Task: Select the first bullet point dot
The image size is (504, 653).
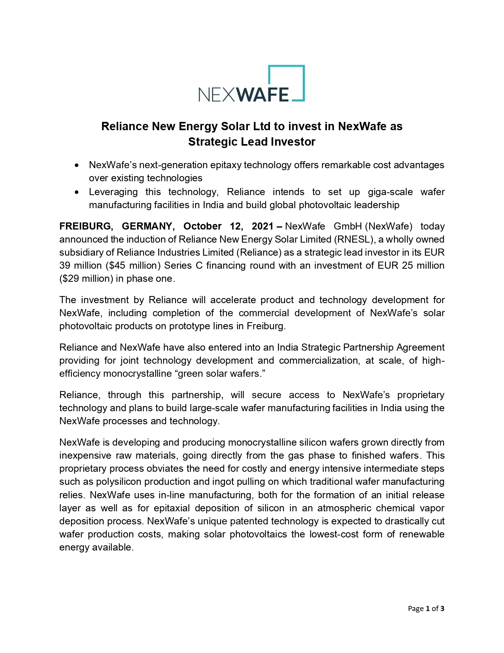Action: [x=77, y=165]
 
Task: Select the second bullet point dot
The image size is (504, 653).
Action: [x=77, y=192]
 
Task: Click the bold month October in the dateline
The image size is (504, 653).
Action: [x=202, y=226]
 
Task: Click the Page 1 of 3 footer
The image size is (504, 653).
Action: [x=426, y=609]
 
